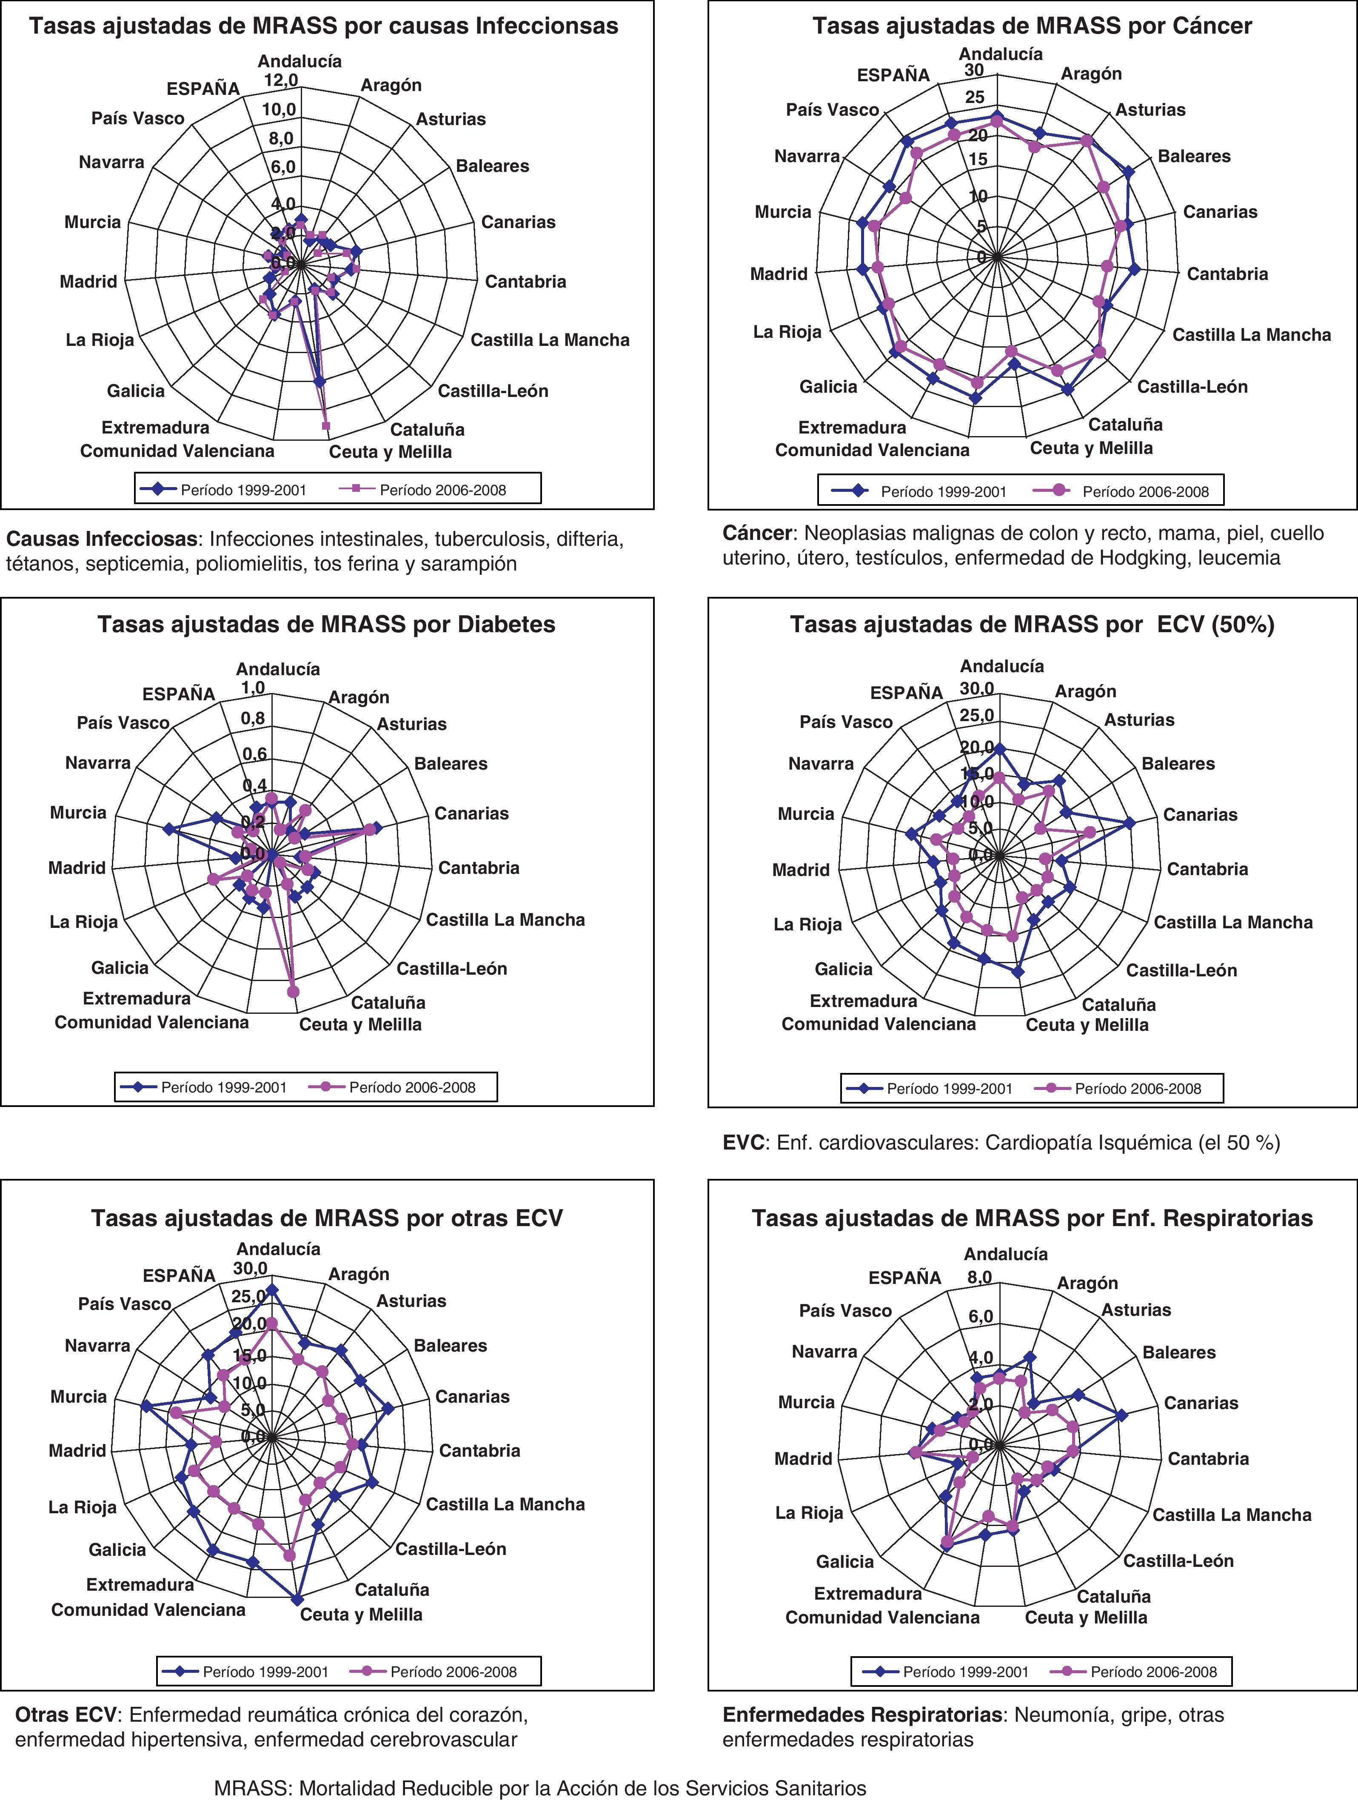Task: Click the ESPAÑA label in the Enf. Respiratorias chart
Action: tap(905, 1278)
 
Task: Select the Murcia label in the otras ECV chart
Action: tap(78, 1396)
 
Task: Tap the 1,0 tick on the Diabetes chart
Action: tap(253, 687)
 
